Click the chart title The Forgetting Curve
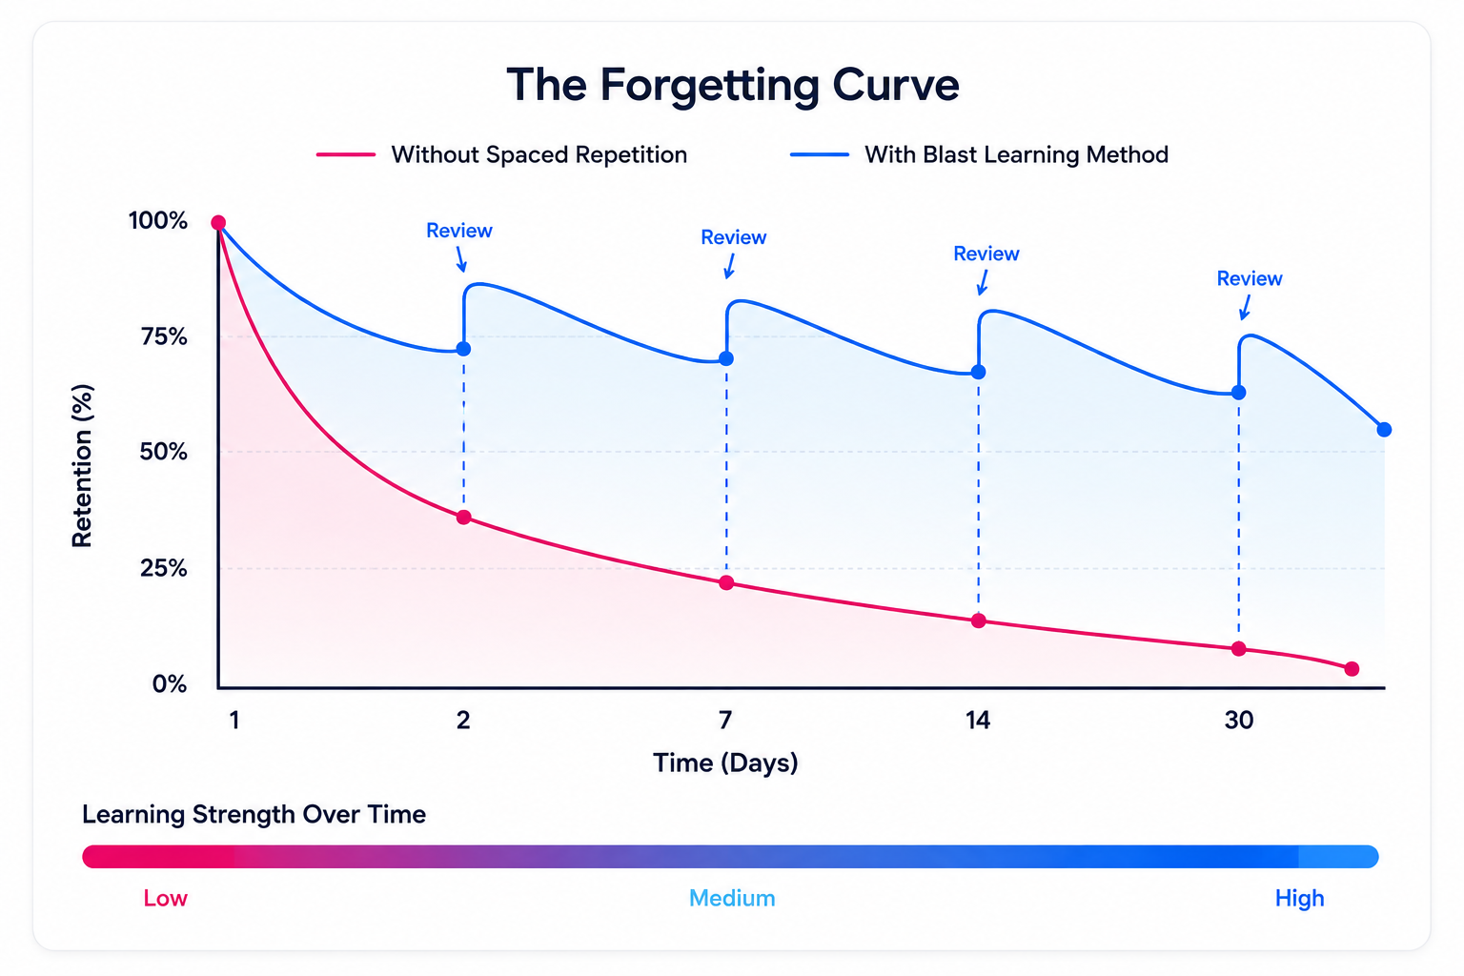coord(733,86)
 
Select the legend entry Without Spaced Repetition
coord(502,155)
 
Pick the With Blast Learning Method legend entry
coord(979,155)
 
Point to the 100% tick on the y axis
coord(158,221)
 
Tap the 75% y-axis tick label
coord(164,336)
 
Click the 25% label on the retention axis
coord(164,568)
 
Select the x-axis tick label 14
coord(978,721)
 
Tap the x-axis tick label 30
coord(1238,721)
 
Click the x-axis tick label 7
coord(725,721)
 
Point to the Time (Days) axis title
coord(725,762)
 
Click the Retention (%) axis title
coord(83,465)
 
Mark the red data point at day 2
coord(463,518)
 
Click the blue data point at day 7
coord(726,359)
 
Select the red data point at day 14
coord(979,621)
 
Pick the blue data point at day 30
coord(1238,393)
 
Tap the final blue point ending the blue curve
coord(1384,430)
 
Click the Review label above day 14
coord(986,254)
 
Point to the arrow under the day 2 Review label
coord(461,259)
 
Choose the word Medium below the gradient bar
coord(732,898)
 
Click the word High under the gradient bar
coord(1299,899)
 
